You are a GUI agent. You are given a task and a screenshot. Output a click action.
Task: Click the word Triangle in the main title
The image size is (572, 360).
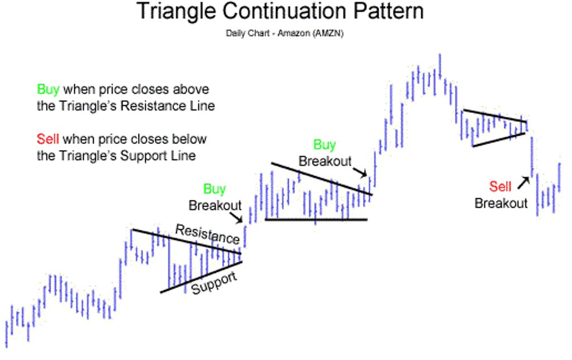(177, 12)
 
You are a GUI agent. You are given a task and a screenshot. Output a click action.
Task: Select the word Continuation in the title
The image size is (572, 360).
(284, 11)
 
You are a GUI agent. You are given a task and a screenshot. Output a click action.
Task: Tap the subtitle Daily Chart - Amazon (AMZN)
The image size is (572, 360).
(284, 33)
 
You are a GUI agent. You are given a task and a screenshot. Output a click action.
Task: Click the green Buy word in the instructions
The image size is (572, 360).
(48, 90)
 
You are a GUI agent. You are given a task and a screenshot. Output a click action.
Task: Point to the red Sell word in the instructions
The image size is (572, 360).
(47, 139)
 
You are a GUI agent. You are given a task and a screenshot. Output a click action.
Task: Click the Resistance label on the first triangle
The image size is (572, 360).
(207, 234)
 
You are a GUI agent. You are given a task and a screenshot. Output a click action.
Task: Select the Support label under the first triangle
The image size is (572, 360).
(214, 283)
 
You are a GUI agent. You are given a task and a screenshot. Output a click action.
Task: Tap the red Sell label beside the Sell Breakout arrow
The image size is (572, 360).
(500, 186)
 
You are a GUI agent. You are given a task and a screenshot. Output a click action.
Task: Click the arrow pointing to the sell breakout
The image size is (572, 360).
(523, 183)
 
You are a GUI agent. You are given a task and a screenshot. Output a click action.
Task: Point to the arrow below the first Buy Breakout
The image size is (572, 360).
(236, 217)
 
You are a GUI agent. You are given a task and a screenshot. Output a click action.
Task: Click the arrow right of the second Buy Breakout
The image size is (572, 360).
(360, 172)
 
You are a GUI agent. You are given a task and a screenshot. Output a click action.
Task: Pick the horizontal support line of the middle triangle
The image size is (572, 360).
(316, 219)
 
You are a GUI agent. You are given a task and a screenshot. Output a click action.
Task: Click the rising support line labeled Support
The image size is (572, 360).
(201, 277)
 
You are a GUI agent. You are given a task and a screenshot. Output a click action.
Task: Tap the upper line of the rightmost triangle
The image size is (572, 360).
(495, 116)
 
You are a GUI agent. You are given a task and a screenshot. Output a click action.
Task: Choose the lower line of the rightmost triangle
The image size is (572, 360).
(498, 140)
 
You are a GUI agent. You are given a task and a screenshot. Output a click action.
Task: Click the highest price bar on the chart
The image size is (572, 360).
(440, 66)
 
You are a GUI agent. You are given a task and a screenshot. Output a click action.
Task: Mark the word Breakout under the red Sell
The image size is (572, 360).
(501, 203)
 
